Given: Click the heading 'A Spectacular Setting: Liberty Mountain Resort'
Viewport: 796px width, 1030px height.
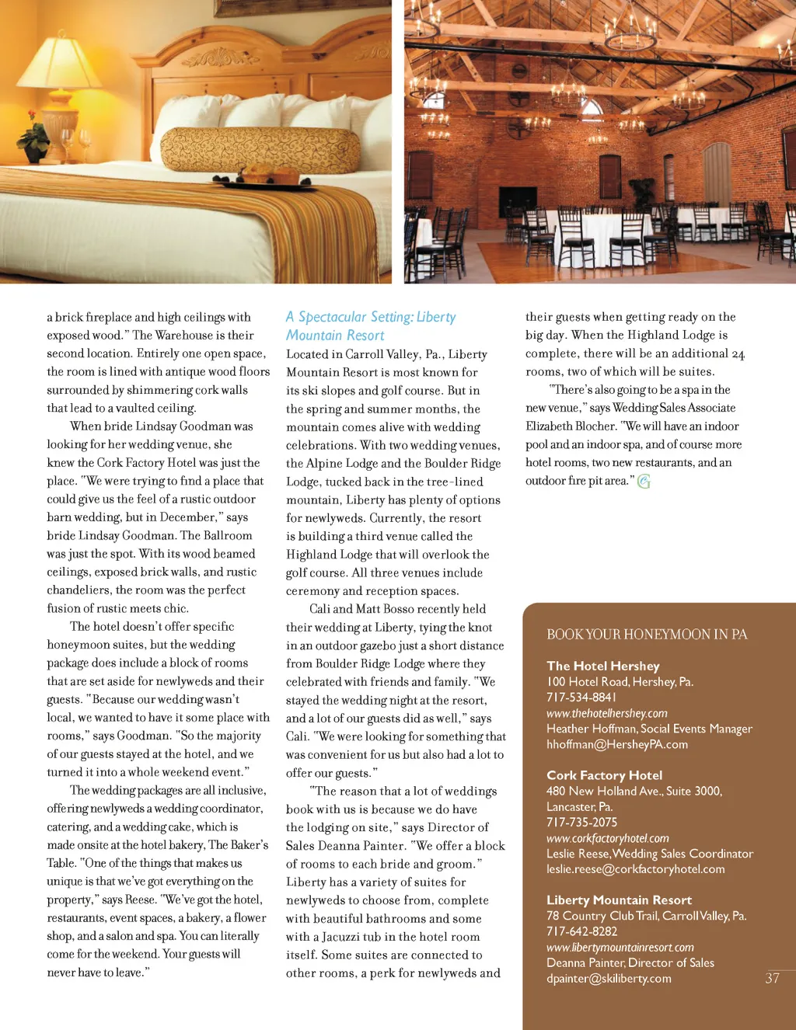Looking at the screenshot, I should (371, 326).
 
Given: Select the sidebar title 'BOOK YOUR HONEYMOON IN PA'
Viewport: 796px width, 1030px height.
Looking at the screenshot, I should (647, 635).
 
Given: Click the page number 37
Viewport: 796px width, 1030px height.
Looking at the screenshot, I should (772, 979).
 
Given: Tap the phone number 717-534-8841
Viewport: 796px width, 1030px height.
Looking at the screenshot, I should (581, 698).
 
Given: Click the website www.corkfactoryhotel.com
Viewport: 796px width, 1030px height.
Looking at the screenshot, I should (608, 838).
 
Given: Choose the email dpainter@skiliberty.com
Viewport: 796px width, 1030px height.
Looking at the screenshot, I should (609, 979).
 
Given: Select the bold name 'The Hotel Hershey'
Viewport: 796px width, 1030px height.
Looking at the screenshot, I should (603, 666).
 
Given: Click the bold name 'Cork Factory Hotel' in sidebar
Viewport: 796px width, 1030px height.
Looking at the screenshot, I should (605, 775).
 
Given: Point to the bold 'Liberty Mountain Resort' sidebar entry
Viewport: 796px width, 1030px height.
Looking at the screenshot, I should (619, 900).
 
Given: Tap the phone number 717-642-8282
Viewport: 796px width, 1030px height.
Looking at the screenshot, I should (581, 931).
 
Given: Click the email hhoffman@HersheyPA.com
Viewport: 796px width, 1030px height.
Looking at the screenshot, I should (617, 744).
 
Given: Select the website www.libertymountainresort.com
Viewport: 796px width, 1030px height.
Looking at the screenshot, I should (620, 948).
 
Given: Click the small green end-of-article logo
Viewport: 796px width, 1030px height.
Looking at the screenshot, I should (644, 482).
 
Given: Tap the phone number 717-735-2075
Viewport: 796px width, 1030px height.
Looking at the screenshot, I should (581, 822).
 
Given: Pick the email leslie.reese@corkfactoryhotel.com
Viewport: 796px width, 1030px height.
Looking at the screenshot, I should (635, 869).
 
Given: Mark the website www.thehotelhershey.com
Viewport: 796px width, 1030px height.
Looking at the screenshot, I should (607, 713).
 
